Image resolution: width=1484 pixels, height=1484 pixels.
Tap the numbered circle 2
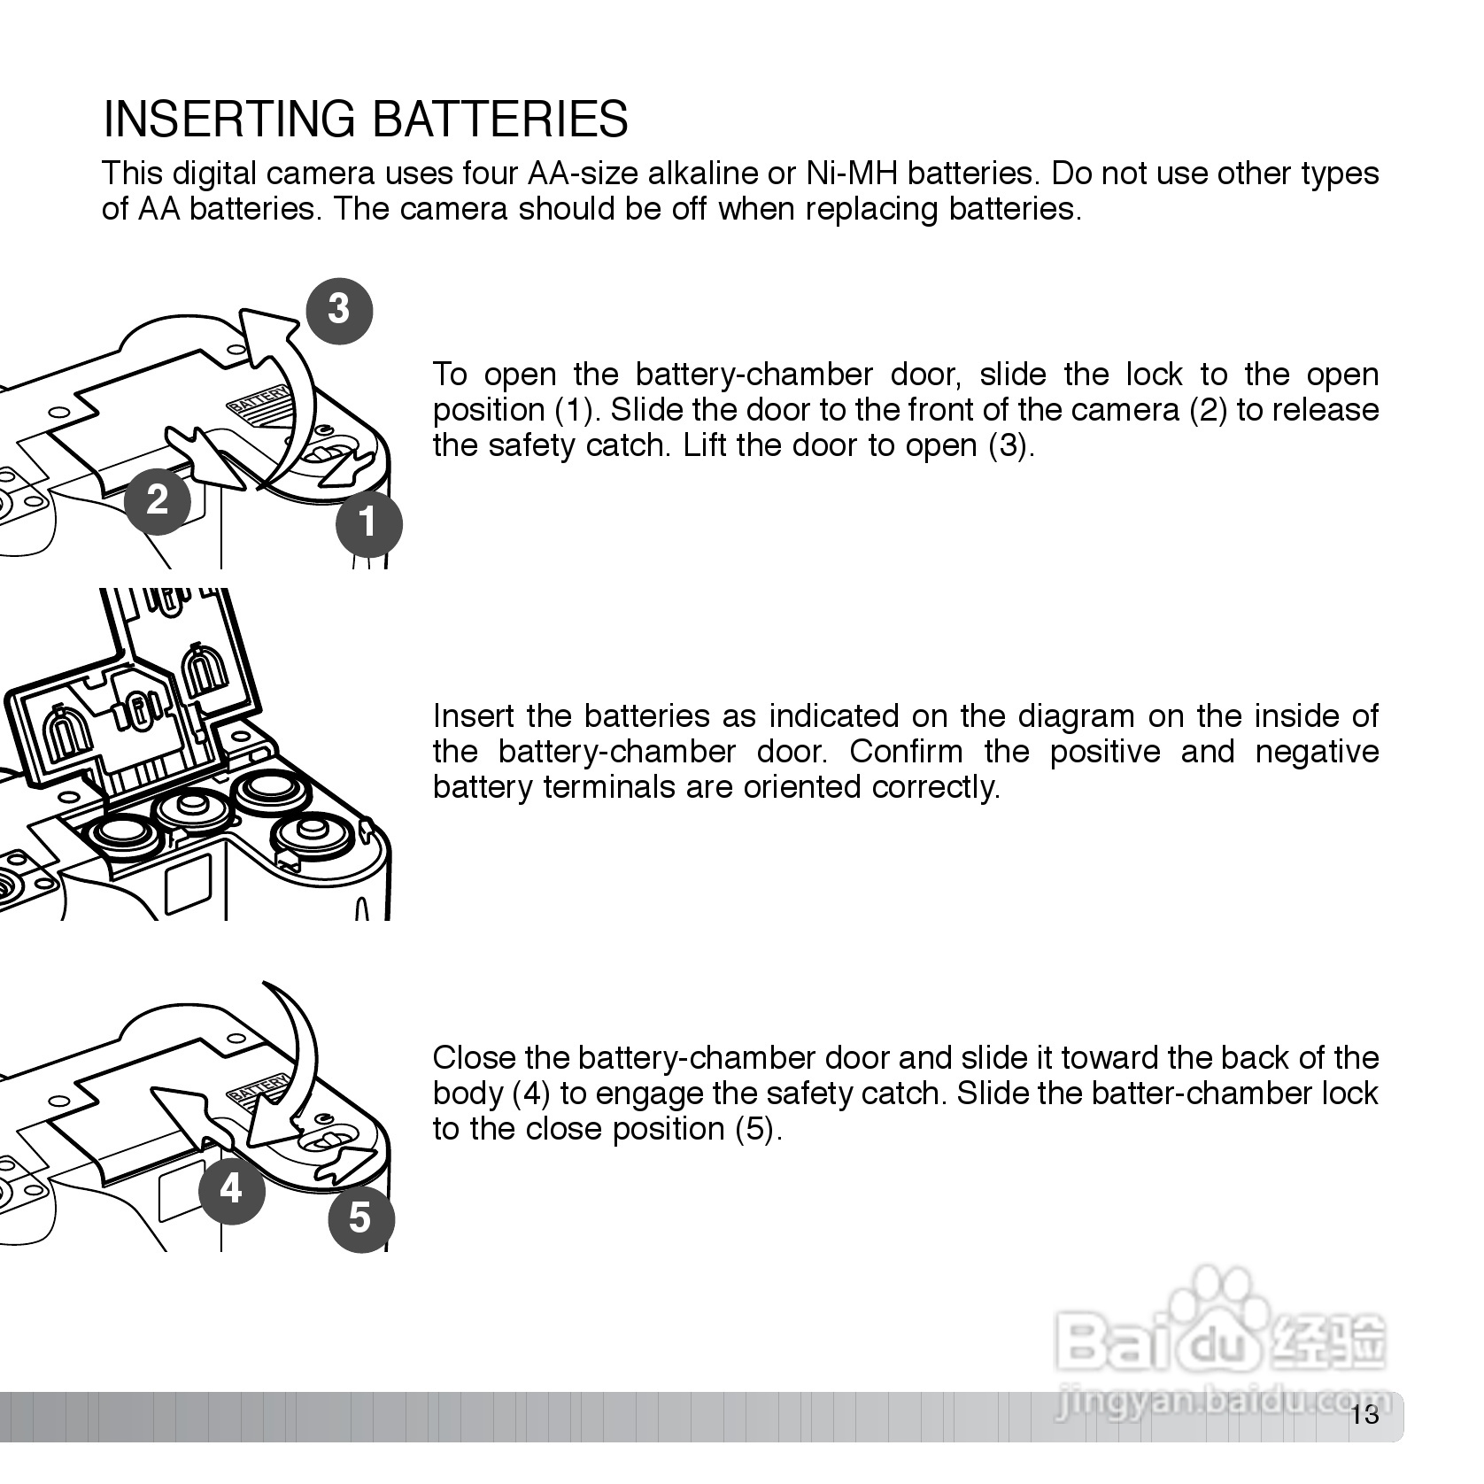coord(158,500)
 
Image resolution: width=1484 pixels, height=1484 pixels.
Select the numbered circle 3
coord(338,309)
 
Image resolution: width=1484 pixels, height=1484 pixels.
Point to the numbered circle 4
coord(231,1189)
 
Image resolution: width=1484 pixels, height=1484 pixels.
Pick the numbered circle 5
coord(360,1217)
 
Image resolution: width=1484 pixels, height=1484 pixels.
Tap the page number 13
coord(1365,1415)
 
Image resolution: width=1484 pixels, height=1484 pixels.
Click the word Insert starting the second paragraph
coord(475,716)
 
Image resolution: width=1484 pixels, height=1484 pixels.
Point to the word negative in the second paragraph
coord(1317,752)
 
